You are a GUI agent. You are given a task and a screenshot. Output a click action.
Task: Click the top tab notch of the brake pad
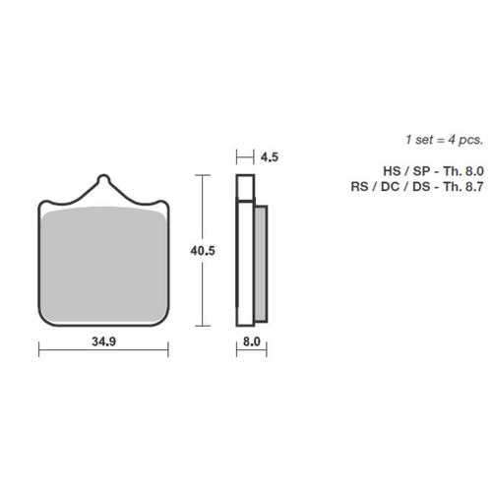point(103,182)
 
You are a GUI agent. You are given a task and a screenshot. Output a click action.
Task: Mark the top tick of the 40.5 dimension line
point(203,175)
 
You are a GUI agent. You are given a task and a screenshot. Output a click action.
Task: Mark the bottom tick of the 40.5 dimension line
point(203,326)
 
